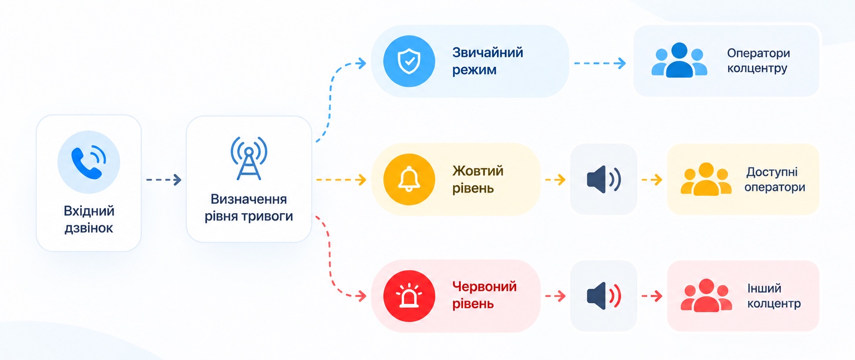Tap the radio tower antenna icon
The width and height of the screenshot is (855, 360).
(249, 158)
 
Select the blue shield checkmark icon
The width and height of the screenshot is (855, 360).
(409, 61)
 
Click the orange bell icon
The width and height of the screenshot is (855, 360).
(409, 179)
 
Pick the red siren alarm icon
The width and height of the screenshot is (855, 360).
(409, 295)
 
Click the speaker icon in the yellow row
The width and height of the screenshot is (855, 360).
(604, 179)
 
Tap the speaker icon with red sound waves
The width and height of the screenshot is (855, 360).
(604, 295)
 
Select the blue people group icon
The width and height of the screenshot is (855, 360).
(679, 60)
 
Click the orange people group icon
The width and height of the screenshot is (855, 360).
(706, 179)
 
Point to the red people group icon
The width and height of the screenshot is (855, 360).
(706, 295)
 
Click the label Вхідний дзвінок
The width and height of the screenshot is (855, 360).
(89, 219)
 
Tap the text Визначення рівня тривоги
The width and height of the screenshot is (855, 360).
(249, 208)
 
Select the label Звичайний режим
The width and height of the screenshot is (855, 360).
(488, 61)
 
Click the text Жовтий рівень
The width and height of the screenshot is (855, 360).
(478, 179)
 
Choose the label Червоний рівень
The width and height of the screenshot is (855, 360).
(484, 295)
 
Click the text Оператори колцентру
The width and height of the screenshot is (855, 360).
(759, 61)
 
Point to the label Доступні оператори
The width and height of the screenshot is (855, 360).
(775, 179)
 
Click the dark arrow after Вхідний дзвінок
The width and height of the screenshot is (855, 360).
(164, 180)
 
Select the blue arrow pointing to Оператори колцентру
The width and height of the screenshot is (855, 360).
(600, 63)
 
